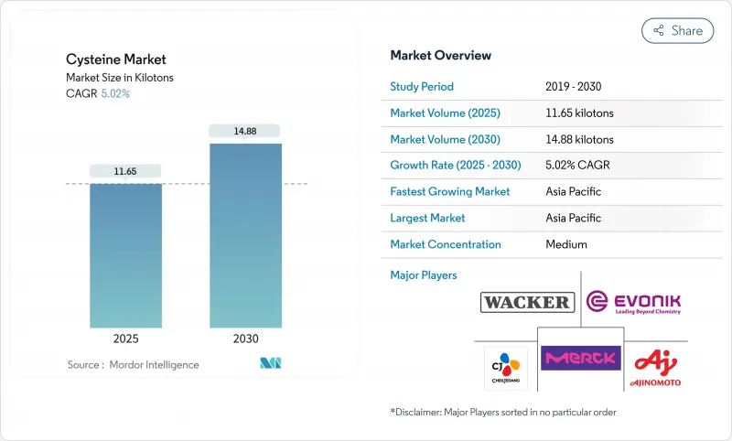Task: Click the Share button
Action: (x=677, y=30)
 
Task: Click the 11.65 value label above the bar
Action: (x=125, y=171)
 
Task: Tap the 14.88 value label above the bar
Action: (x=245, y=131)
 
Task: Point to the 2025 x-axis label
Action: (x=125, y=339)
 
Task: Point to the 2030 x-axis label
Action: (x=245, y=339)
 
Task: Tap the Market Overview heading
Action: (x=440, y=55)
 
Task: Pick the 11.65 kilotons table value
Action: (x=579, y=113)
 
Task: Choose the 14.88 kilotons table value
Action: (x=579, y=140)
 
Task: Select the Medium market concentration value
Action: (x=565, y=244)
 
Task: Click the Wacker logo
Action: (x=526, y=302)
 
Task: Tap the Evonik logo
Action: (x=633, y=303)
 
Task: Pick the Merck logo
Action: (x=580, y=357)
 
